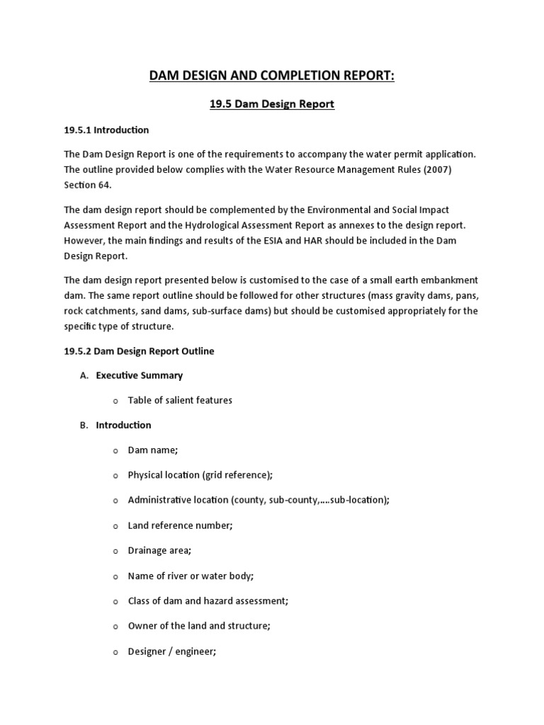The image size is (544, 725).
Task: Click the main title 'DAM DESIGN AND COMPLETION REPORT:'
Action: (271, 76)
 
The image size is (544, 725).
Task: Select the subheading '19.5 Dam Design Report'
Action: (271, 104)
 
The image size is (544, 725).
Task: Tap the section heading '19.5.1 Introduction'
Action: (106, 130)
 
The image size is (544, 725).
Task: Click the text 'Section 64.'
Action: (88, 185)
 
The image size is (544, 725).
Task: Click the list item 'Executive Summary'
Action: (139, 375)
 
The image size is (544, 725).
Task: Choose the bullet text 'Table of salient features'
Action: (180, 400)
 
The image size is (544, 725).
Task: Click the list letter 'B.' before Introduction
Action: (84, 425)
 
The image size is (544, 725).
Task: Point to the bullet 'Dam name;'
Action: (152, 450)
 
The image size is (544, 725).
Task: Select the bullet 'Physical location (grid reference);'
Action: (200, 475)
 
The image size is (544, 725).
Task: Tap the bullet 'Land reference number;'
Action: (180, 525)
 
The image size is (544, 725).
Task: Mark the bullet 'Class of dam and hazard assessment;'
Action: (208, 600)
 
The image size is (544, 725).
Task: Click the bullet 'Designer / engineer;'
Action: (171, 651)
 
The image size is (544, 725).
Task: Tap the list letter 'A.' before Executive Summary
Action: (84, 375)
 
